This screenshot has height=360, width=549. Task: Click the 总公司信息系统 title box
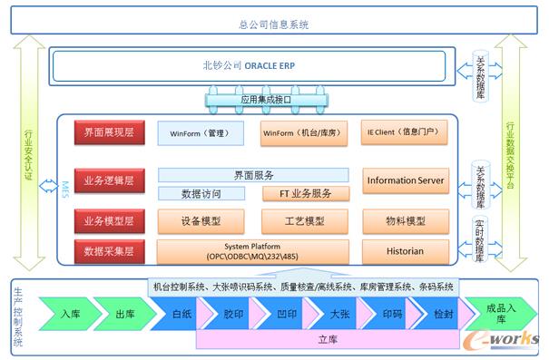point(274,25)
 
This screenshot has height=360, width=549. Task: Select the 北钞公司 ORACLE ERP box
point(249,66)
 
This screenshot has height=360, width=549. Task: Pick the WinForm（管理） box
point(201,133)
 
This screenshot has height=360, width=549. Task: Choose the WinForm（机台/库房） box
point(302,133)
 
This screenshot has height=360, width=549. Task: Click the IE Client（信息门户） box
point(404,132)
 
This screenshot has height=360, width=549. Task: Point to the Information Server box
point(405,180)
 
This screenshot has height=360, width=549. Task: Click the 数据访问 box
point(201,193)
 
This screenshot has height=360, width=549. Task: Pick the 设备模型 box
point(201,220)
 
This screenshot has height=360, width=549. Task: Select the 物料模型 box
point(405,220)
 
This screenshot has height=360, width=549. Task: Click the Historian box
point(405,249)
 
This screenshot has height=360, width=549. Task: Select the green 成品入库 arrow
point(494,313)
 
